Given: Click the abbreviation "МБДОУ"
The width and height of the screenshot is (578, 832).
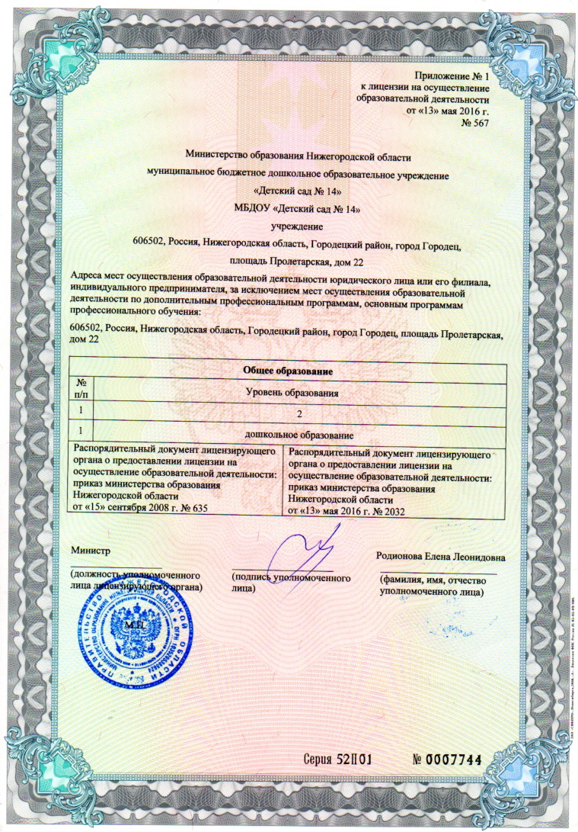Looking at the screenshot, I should (x=238, y=208).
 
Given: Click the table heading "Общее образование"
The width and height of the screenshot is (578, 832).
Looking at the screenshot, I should (x=288, y=370).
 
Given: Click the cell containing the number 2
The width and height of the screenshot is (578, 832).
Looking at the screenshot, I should (x=299, y=413).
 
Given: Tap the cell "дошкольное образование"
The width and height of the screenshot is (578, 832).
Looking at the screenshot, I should (x=299, y=434).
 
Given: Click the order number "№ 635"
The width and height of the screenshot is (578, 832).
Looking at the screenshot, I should (x=193, y=506).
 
